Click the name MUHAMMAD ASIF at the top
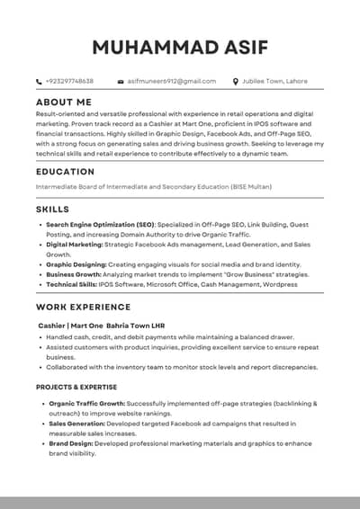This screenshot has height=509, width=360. point(180,47)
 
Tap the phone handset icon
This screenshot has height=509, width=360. point(39,81)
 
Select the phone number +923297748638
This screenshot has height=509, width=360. point(69,81)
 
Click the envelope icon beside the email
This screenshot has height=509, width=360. point(121,81)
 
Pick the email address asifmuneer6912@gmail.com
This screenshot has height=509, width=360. point(171,81)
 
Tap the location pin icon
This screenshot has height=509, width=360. point(236,81)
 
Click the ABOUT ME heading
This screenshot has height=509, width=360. point(64,103)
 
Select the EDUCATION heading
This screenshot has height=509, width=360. point(65,171)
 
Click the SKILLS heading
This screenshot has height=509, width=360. point(52,209)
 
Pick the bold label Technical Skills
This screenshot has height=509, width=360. point(75,285)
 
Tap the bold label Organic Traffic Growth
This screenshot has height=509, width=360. point(86,404)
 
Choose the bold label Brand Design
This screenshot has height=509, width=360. point(70,443)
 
